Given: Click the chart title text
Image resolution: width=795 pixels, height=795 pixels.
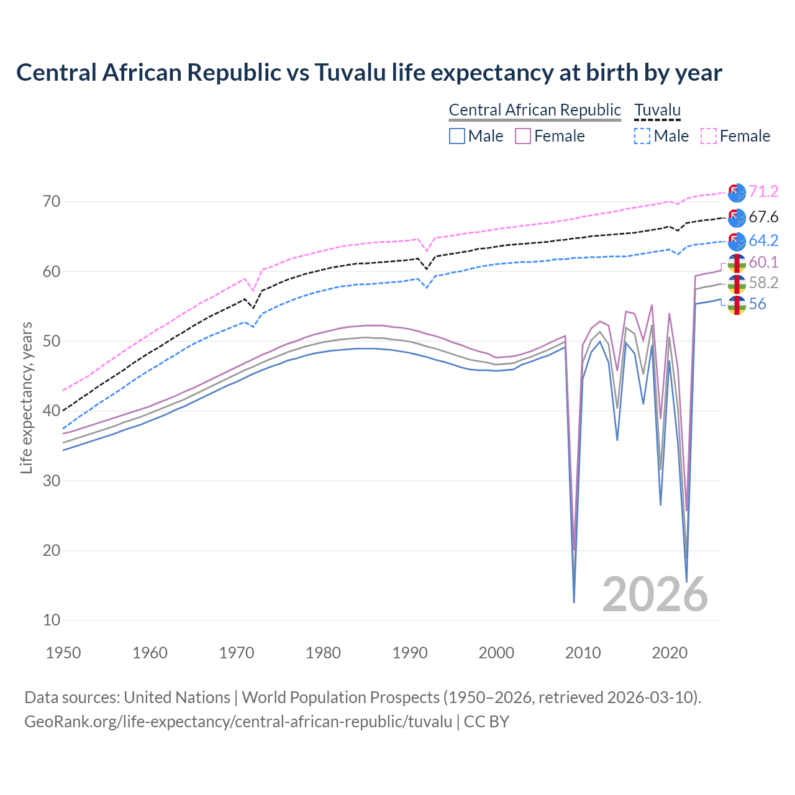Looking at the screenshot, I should coord(369,73).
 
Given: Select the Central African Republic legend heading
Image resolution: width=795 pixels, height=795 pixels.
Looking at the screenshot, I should coord(535,110).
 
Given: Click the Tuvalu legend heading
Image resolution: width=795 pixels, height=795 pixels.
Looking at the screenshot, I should coord(657,110).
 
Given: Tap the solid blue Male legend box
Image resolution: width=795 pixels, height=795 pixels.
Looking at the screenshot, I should coord(457,136).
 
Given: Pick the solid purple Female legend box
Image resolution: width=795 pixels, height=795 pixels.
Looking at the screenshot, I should coord(523,136).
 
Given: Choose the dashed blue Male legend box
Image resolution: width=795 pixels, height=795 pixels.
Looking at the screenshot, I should coord(642,136).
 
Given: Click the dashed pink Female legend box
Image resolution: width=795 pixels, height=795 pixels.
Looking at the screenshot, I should coord(709,136).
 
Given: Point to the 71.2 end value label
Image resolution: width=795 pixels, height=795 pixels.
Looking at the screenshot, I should coord(763,191).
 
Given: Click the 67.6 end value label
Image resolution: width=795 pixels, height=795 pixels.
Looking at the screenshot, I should coord(763,217).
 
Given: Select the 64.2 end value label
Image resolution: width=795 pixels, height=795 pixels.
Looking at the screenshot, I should coord(763,240).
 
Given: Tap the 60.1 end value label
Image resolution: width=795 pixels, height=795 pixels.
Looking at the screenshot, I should coord(763,262).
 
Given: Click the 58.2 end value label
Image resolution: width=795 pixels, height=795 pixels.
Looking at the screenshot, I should coord(763,283).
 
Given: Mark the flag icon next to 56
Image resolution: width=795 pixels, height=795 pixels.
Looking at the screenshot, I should coord(737,305).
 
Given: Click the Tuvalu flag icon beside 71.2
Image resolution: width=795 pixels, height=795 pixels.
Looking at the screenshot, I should coord(737,193).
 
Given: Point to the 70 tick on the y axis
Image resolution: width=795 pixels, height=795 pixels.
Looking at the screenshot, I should coord(52,201).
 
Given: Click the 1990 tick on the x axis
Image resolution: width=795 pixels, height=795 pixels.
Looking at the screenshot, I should coord(410,653).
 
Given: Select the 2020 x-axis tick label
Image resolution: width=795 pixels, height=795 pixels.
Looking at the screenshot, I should coord(670,653).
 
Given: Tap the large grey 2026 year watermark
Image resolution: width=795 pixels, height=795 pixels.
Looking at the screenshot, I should coord(655,594).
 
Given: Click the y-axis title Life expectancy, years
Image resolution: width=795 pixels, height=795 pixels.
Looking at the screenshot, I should coord(27,397).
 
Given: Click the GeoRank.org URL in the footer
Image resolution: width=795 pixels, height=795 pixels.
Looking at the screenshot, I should coord(238,722).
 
